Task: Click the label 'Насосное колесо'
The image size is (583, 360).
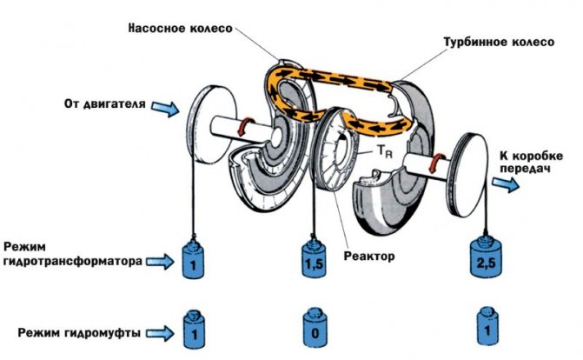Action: (x=180, y=26)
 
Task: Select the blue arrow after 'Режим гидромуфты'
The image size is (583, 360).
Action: (x=159, y=330)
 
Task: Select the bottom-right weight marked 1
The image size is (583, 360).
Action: (x=487, y=330)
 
